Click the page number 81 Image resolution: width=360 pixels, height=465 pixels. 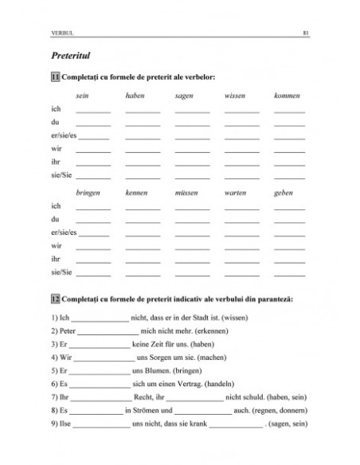306,33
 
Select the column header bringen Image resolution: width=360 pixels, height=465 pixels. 88,193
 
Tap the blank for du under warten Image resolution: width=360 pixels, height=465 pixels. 241,222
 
